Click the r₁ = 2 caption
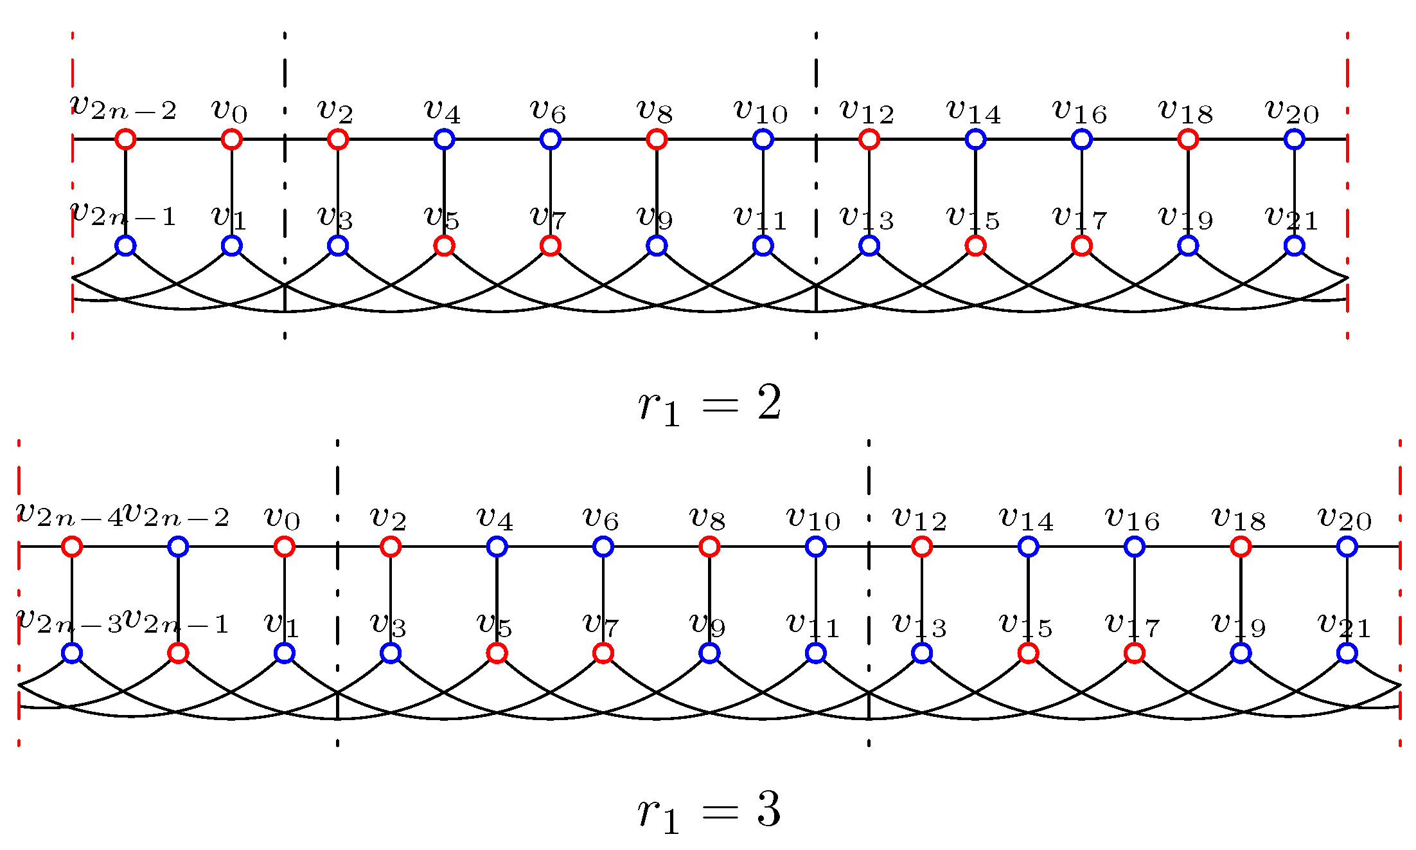tap(709, 405)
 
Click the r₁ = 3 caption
tap(709, 811)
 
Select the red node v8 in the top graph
tap(657, 139)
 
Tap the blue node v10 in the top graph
tap(763, 139)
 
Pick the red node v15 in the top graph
tap(975, 246)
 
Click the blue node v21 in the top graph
tap(1294, 246)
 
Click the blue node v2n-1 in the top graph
tap(125, 246)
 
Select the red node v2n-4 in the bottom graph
tap(72, 547)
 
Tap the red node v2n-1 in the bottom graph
tap(178, 653)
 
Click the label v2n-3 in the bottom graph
tap(69, 621)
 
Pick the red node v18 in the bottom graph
tap(1241, 547)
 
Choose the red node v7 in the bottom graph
tap(603, 653)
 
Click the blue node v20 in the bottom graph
tap(1347, 547)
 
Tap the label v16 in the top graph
tap(1081, 112)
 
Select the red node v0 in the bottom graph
tap(284, 547)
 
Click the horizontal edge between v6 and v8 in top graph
tap(603, 139)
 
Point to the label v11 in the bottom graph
tap(813, 625)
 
